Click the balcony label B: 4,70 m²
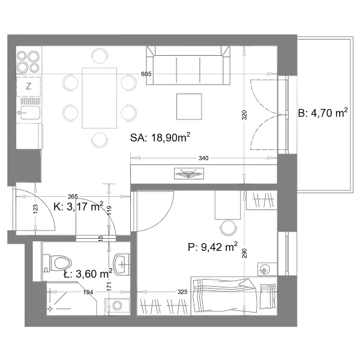click(323, 113)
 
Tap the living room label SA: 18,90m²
click(160, 137)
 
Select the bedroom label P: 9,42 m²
click(212, 247)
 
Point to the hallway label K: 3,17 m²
click(78, 206)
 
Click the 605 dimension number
click(146, 74)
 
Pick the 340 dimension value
click(203, 158)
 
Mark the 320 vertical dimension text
click(245, 115)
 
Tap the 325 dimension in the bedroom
click(182, 292)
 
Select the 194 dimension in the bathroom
click(88, 292)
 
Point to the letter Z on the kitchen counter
click(28, 86)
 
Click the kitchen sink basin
click(30, 113)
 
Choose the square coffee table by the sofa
click(189, 107)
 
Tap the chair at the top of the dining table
click(100, 56)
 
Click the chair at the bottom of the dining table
click(100, 140)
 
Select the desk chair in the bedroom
click(229, 228)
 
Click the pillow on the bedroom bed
click(268, 296)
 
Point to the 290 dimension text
click(245, 253)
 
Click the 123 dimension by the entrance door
click(35, 209)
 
